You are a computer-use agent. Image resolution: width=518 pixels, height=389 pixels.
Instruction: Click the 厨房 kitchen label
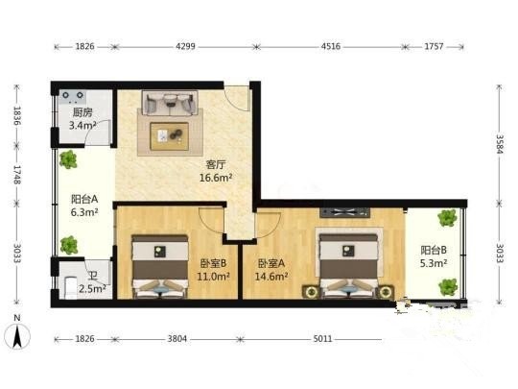[82, 112]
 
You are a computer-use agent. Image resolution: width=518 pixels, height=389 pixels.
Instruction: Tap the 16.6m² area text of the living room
[216, 178]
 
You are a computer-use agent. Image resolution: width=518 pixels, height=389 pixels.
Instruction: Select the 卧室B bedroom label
[213, 263]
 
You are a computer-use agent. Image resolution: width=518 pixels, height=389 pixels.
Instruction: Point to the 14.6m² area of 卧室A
[271, 276]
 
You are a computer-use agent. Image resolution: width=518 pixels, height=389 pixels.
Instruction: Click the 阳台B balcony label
[434, 250]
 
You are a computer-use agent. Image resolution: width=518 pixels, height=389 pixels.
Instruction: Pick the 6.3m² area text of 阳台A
[84, 212]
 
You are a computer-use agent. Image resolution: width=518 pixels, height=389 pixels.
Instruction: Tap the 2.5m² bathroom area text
[92, 289]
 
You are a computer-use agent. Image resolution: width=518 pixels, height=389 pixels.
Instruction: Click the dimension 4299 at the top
[185, 46]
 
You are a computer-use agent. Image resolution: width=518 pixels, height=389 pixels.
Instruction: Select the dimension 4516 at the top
[331, 46]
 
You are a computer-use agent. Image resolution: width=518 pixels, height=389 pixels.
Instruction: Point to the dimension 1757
[434, 46]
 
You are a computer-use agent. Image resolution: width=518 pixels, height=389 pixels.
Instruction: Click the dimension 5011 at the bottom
[322, 339]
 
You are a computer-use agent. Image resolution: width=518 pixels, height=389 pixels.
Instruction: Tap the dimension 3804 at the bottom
[177, 339]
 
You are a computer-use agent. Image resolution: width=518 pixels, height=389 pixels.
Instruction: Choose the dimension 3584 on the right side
[500, 144]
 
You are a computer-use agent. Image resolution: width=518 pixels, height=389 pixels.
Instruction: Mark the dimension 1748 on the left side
[17, 175]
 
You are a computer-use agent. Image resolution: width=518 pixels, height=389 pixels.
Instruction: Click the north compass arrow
[17, 336]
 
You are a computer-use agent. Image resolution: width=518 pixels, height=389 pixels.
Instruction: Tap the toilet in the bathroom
[71, 287]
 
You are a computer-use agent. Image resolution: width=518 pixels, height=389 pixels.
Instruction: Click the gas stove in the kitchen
[73, 96]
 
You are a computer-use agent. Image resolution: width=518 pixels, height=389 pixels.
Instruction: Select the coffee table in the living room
[170, 136]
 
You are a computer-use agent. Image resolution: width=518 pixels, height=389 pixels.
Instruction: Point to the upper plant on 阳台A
[68, 159]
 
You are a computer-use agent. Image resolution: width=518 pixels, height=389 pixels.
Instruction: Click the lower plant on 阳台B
[448, 287]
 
